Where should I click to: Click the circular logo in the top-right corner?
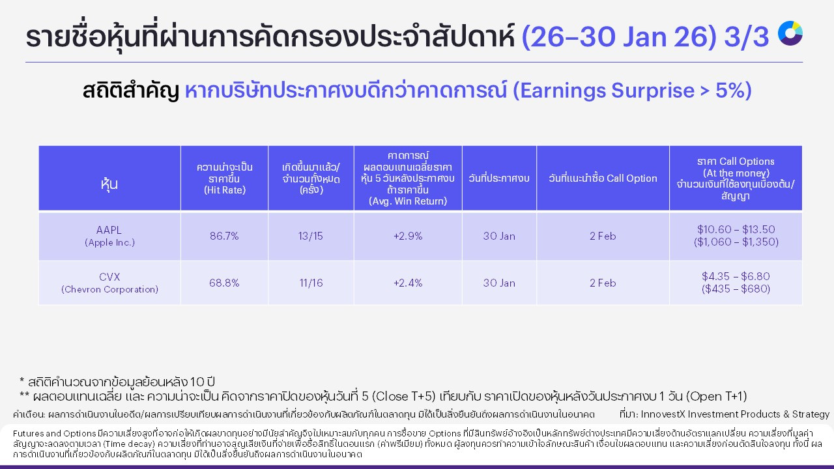coord(790,33)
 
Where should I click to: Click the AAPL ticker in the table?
coord(109,230)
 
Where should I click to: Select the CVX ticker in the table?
coord(109,277)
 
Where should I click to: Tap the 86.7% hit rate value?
coord(224,236)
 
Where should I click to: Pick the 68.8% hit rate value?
coord(224,283)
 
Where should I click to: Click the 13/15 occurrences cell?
coord(311,236)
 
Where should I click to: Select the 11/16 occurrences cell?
coord(311,283)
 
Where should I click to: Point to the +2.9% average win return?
coord(408,236)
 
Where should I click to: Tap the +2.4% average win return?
coord(408,283)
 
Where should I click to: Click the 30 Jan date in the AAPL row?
coord(499,236)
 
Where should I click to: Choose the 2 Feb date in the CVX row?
coord(603,283)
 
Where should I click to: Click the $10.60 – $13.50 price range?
coord(736,229)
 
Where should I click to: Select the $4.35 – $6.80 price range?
coord(736,276)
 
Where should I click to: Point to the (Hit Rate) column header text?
coord(224,190)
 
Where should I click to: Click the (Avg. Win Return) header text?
coord(408,201)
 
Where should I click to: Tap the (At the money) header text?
coord(736,173)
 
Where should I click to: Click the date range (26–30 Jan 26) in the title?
coord(619,38)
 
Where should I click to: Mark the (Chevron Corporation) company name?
coord(109,290)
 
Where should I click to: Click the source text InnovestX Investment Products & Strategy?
coord(735,414)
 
